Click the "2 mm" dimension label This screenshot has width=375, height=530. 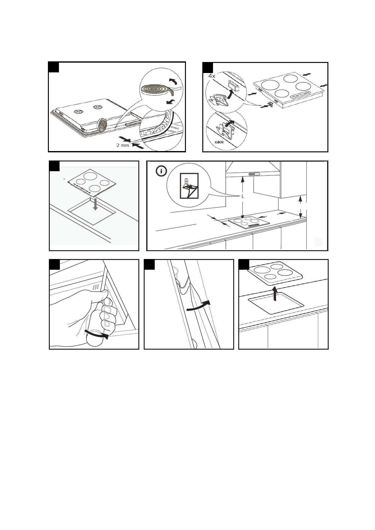123,145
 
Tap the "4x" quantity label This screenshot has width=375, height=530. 212,76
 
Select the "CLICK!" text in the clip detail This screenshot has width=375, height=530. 219,142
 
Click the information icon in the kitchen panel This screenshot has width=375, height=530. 162,172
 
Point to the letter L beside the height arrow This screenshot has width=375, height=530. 243,196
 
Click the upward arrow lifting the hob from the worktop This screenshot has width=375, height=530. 275,293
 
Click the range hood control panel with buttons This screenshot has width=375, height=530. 254,174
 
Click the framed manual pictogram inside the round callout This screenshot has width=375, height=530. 189,185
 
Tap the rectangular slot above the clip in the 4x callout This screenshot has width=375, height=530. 234,85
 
